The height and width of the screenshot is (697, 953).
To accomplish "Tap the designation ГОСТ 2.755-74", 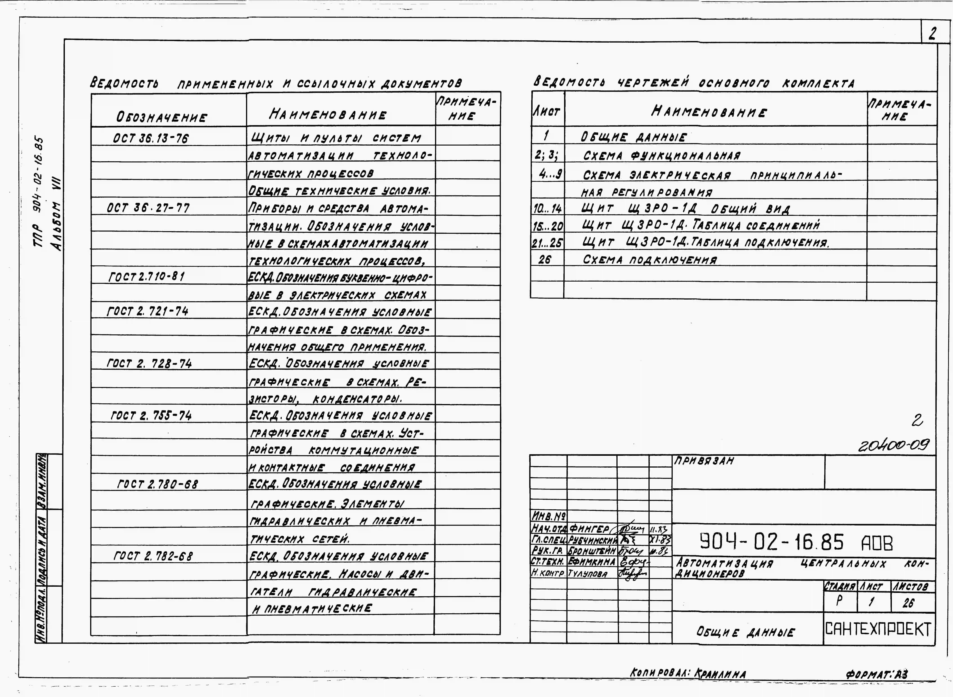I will click(x=151, y=416).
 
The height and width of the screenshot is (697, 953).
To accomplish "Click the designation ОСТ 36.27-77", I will click(x=148, y=208).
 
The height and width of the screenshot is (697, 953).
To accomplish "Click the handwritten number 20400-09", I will click(x=894, y=445).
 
